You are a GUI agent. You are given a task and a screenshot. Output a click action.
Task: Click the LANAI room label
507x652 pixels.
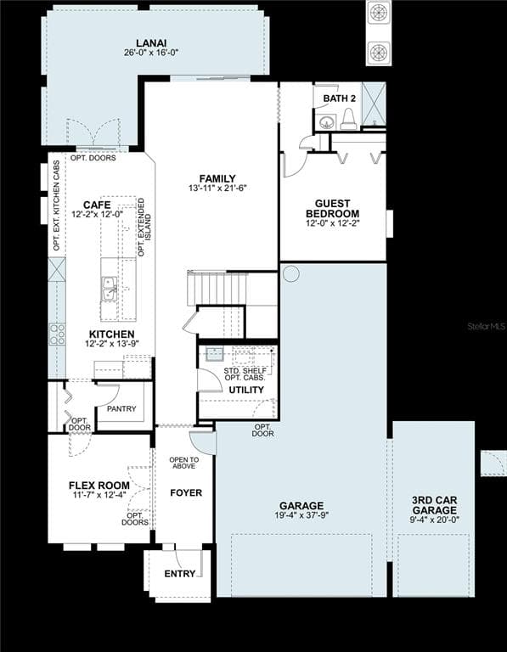[151, 43]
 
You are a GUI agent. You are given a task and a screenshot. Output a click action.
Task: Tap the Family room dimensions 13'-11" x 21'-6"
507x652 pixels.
[218, 188]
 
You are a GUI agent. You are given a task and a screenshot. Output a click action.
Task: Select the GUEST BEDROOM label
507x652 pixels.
[332, 208]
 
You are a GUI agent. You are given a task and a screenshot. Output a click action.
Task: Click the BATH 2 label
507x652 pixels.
[340, 98]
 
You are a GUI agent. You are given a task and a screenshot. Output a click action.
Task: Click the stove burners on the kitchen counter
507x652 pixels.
[58, 334]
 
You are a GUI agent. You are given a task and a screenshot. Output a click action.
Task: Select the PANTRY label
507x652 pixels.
[121, 408]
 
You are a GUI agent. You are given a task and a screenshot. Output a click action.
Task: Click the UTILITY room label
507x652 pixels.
[246, 390]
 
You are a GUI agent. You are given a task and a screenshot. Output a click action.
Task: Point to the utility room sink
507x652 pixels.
[215, 354]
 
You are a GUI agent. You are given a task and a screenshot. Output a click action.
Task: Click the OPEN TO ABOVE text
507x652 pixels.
[183, 463]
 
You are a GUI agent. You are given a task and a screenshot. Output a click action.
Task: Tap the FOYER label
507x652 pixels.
[186, 492]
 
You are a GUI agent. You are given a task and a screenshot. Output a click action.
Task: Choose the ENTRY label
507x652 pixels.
[180, 574]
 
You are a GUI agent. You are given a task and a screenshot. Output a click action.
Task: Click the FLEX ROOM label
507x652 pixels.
[99, 486]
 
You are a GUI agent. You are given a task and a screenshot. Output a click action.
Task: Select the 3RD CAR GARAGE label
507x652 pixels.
[434, 505]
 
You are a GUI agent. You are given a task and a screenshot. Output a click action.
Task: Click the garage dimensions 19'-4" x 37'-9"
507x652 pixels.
[301, 515]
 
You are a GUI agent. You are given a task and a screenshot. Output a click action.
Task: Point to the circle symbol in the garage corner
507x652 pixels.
[290, 274]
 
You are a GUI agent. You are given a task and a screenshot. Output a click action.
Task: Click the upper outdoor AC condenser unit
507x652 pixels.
[379, 14]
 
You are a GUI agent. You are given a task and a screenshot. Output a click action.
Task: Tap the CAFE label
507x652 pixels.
[97, 205]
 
